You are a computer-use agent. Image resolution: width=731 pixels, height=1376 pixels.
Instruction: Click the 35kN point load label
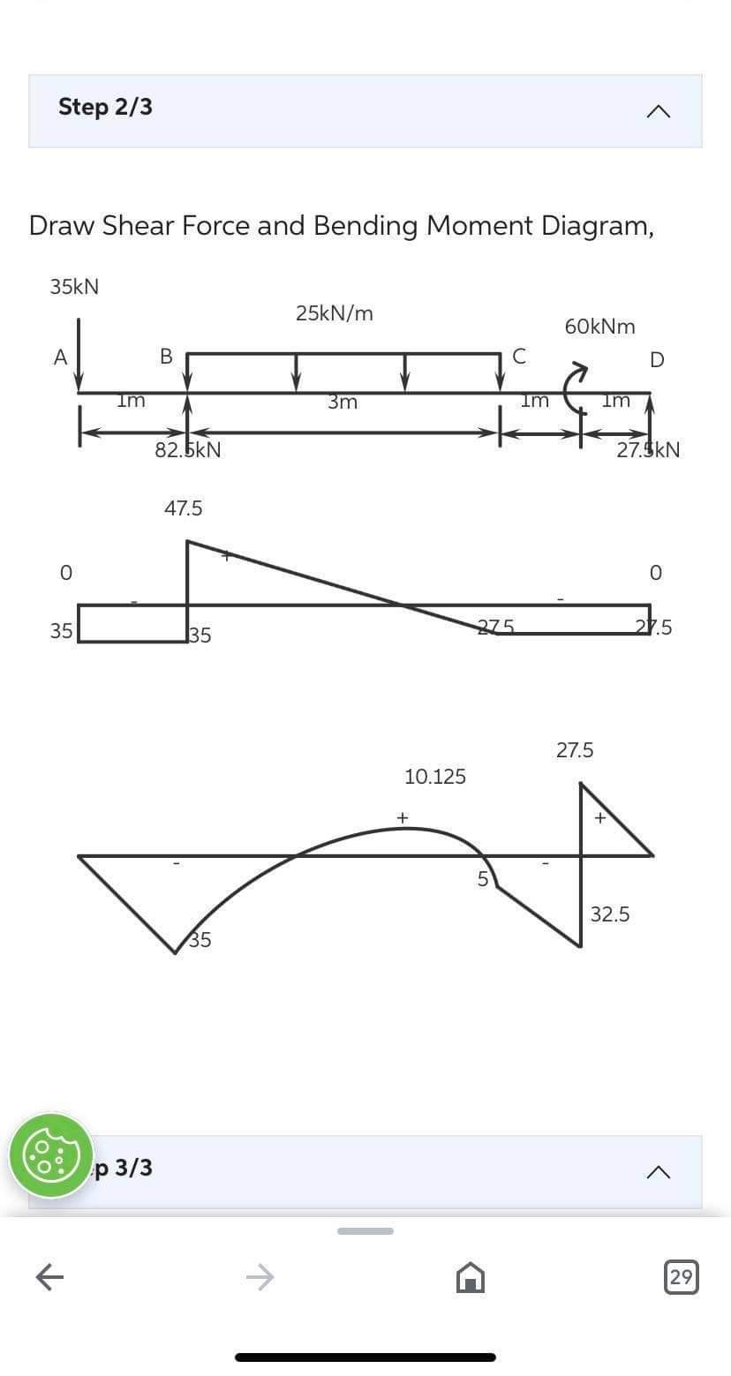click(x=74, y=287)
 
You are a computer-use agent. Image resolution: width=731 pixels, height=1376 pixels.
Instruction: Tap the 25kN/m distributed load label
click(x=335, y=313)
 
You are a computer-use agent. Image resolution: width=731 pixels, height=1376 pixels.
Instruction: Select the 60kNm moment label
click(x=599, y=327)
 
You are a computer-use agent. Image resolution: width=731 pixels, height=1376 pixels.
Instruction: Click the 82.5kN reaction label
click(x=188, y=450)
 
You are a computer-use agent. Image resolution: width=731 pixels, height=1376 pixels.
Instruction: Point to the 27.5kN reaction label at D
click(x=648, y=450)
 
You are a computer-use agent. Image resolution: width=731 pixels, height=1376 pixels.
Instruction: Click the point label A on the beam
click(x=60, y=357)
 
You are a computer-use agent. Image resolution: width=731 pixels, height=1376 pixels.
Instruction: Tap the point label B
click(x=165, y=357)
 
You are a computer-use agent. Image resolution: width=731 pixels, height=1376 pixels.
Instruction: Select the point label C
click(x=519, y=357)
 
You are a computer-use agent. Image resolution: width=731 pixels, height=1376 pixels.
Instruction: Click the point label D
click(x=657, y=359)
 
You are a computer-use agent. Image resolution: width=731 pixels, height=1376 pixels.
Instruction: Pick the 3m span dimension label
click(x=343, y=402)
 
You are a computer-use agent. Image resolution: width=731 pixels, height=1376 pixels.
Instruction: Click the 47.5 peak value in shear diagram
click(x=184, y=508)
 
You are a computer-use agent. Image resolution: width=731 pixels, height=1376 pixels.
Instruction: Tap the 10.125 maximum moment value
click(x=434, y=777)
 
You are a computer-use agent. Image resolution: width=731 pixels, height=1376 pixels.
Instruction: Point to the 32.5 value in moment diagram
click(x=610, y=914)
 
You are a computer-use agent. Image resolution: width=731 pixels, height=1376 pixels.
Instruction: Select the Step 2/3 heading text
click(x=105, y=107)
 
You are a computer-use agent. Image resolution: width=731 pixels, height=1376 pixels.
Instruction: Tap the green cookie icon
click(x=51, y=1155)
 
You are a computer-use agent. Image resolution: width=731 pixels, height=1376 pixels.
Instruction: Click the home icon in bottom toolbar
click(x=470, y=1277)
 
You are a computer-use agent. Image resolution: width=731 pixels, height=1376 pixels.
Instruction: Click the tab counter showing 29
click(x=681, y=1277)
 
